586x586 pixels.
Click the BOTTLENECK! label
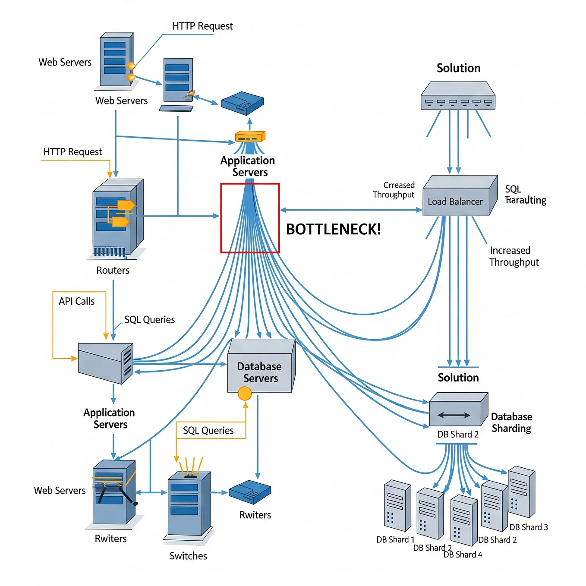click(333, 229)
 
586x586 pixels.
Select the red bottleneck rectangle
click(221, 218)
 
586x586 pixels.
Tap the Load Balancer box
click(460, 195)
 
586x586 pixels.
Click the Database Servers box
click(261, 366)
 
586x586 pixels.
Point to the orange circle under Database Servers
click(245, 393)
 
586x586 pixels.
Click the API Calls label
click(76, 301)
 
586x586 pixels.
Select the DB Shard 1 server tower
click(397, 505)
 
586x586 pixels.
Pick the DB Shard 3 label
click(529, 527)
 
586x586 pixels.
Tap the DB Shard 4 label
click(463, 554)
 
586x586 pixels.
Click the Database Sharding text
click(511, 422)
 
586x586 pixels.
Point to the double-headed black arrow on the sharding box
click(454, 415)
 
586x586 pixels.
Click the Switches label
click(188, 556)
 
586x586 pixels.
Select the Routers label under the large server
click(113, 270)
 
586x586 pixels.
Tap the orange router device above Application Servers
click(250, 136)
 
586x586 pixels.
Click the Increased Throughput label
click(514, 256)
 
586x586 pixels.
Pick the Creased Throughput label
click(394, 190)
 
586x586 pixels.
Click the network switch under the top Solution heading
click(458, 95)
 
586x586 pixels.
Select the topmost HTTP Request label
click(202, 26)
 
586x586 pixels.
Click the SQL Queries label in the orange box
click(208, 430)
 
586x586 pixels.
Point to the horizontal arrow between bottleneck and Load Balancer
click(351, 210)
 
